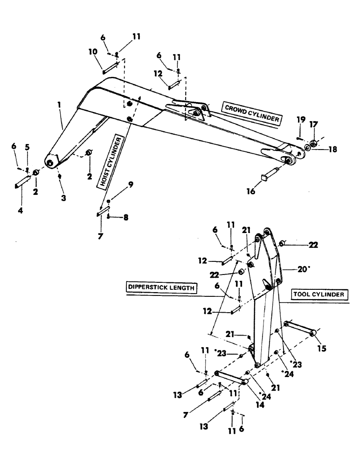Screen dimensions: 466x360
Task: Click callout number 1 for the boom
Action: click(60, 106)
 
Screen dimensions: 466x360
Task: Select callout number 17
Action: click(313, 125)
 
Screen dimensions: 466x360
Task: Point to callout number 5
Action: click(27, 147)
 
